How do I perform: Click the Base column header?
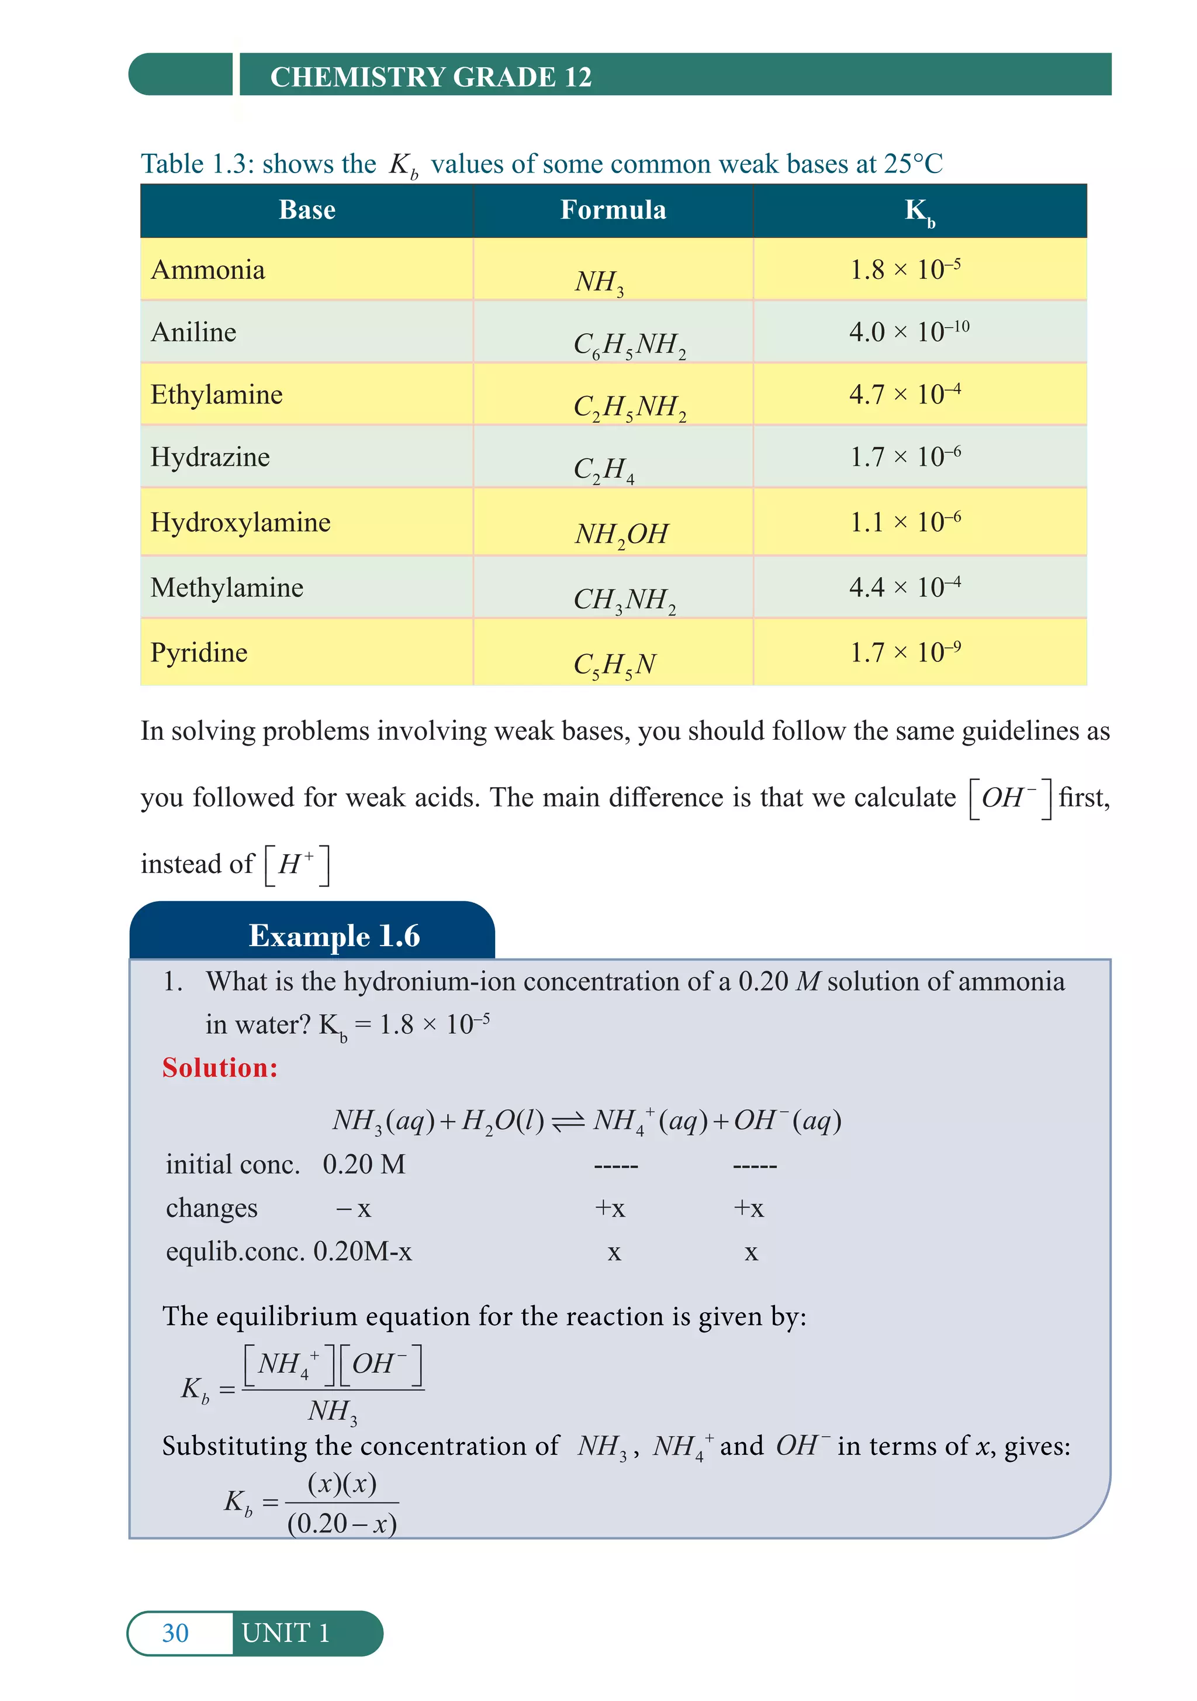307,211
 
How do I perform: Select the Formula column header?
613,211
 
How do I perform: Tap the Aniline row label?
193,332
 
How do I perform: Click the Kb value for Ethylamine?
904,394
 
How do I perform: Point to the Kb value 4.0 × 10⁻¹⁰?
908,331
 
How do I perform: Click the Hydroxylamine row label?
240,522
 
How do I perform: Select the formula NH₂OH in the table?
621,534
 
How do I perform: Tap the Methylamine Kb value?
904,586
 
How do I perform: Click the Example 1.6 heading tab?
334,936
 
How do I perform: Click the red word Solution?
220,1068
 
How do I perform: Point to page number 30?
175,1633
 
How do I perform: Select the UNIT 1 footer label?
285,1633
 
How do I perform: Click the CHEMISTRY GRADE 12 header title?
430,77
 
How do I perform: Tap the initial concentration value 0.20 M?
364,1165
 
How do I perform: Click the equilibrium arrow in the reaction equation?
568,1122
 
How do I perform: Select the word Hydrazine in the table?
210,457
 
